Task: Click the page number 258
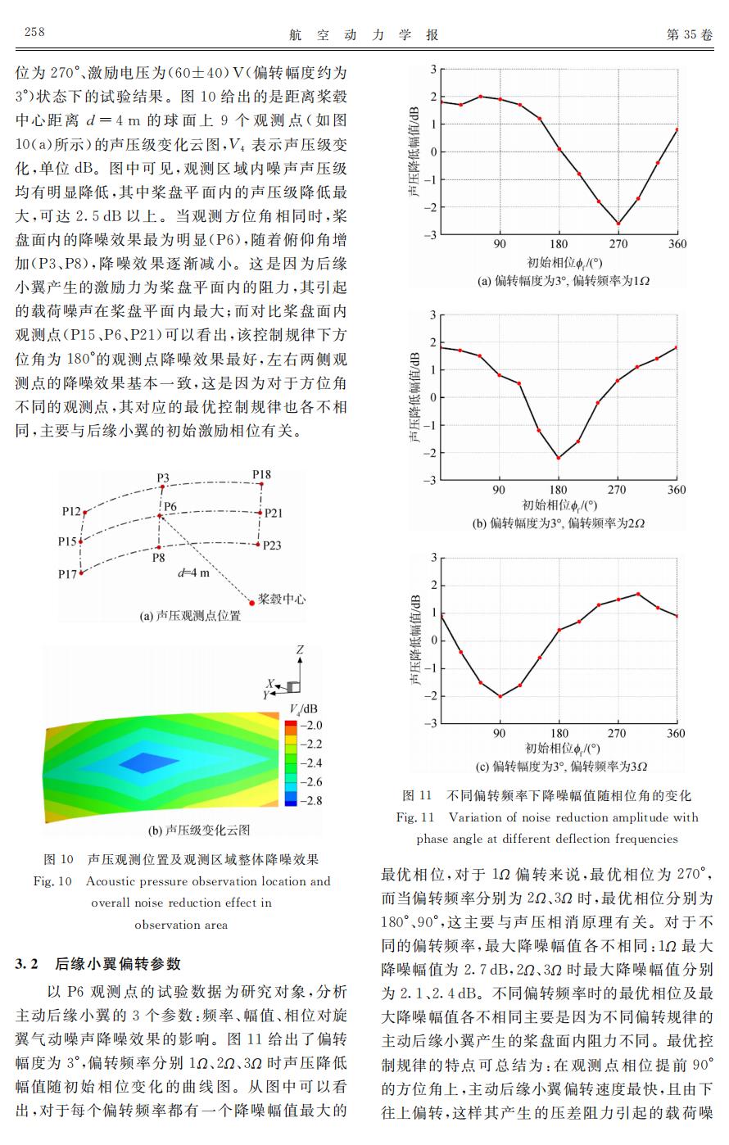tap(34, 32)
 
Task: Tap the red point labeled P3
tap(162, 487)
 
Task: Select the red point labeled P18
tap(262, 484)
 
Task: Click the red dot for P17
tap(81, 573)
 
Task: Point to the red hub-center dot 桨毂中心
tap(251, 603)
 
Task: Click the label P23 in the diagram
tap(272, 546)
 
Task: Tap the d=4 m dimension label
tap(194, 573)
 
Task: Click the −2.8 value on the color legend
tap(310, 800)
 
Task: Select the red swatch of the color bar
tap(291, 724)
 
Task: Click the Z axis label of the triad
tap(300, 649)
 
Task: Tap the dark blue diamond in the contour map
tap(149, 763)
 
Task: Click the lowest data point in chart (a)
tap(618, 224)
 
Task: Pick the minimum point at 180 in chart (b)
tap(559, 458)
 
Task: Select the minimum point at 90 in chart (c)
tap(500, 696)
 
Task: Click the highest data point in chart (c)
tap(638, 594)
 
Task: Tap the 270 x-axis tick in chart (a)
tap(618, 244)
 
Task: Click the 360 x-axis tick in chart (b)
tap(677, 490)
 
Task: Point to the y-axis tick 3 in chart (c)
tap(433, 558)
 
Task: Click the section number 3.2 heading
tap(26, 964)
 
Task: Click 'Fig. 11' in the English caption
tap(415, 817)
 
